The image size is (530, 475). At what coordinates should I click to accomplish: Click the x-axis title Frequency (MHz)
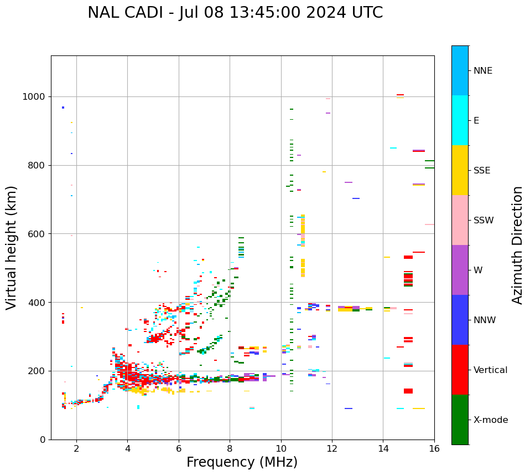tap(242, 462)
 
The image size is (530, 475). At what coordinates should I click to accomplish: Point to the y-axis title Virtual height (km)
tap(12, 248)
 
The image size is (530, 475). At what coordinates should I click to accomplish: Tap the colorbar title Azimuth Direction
tap(517, 245)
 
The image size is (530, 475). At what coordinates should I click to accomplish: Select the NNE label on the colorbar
tap(482, 71)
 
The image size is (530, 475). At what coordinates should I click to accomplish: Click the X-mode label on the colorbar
tap(490, 420)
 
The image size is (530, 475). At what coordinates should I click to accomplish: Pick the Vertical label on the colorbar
tap(490, 370)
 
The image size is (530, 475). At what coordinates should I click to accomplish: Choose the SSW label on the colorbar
tap(483, 221)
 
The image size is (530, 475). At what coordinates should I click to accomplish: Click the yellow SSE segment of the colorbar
tap(460, 170)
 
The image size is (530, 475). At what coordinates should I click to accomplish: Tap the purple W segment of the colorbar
tap(460, 270)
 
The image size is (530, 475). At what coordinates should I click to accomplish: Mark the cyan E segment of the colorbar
tap(460, 120)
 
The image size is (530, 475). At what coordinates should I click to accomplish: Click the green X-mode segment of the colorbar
tap(460, 420)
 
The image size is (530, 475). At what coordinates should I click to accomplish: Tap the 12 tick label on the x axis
tap(332, 448)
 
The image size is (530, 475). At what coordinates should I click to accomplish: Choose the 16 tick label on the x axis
tap(434, 448)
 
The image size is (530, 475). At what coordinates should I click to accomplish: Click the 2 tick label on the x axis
tap(76, 448)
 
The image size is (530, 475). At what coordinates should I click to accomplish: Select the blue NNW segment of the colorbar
tap(460, 320)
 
